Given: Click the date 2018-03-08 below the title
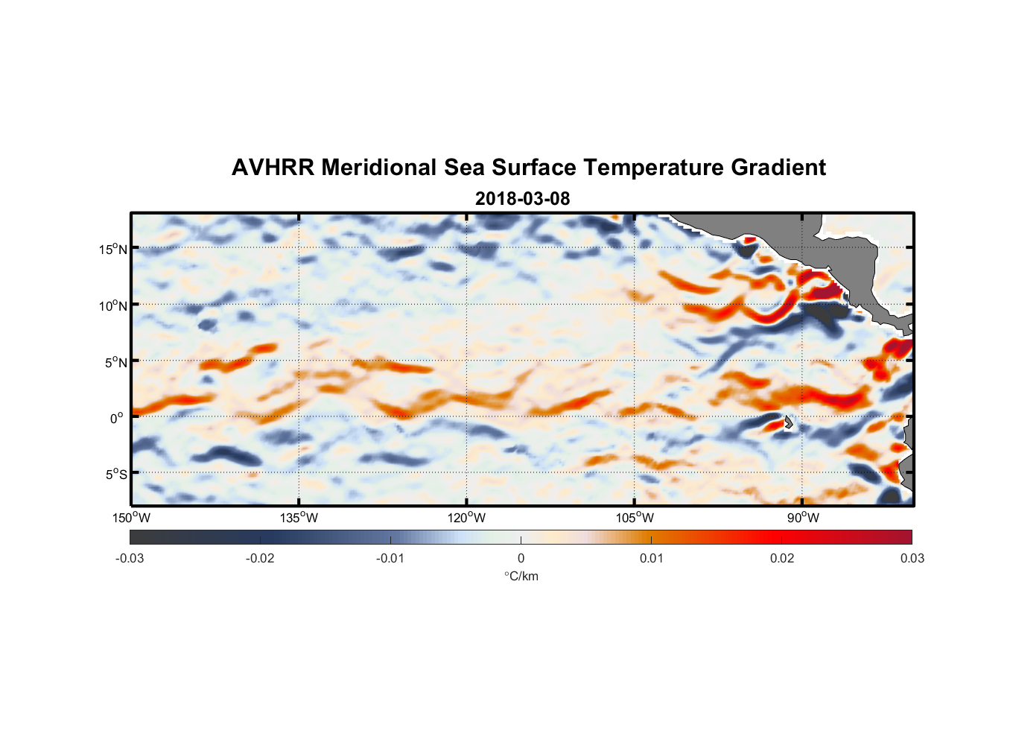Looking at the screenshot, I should coord(522,199).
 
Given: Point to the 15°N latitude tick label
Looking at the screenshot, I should coord(113,249).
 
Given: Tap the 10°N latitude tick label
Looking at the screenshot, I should coord(113,305).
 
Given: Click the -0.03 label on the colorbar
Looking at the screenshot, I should coord(130,559).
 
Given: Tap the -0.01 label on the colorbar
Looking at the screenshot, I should coord(390,559).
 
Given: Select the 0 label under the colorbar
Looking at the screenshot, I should coord(521,559).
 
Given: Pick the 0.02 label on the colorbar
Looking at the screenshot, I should coord(782,559).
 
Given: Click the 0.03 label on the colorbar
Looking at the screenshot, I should coord(912,559).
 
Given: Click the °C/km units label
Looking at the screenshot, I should coord(521,577).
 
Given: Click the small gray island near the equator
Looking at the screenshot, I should coord(788,422).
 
